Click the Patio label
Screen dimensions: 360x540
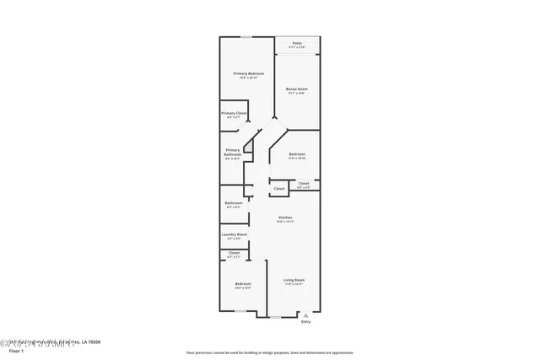(297, 42)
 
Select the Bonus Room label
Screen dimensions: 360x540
(296, 89)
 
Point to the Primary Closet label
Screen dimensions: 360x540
(233, 113)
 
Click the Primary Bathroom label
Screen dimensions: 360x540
(233, 153)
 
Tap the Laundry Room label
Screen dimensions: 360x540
(234, 234)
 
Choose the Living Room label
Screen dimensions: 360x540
(294, 280)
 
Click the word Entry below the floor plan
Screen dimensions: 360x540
(305, 321)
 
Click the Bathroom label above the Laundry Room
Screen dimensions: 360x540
(234, 202)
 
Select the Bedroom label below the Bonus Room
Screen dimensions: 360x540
(297, 154)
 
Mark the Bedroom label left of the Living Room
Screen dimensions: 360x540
(243, 284)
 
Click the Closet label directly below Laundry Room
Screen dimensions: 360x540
(234, 253)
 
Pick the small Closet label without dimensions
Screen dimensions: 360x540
(279, 188)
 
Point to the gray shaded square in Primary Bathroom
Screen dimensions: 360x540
(248, 147)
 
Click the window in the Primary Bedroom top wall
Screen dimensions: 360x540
(246, 37)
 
